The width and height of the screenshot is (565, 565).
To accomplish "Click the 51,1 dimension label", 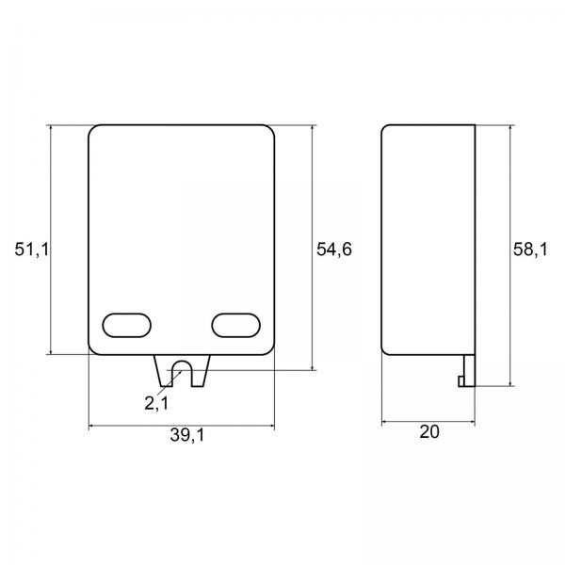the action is coord(31,250).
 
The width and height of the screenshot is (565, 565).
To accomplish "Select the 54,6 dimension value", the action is coord(334,250).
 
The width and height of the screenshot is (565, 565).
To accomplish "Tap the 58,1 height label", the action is coord(530,250).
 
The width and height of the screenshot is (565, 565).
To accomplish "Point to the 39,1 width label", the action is coord(187,435).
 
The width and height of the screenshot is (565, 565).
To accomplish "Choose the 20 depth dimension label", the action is coord(429,431).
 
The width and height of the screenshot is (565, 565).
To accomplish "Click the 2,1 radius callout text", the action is coord(156,403).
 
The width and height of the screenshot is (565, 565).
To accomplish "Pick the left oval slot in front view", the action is coord(127,326).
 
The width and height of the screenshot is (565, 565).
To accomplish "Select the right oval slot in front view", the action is coord(235,326).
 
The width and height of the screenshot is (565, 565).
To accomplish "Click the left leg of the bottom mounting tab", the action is coord(163,371).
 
